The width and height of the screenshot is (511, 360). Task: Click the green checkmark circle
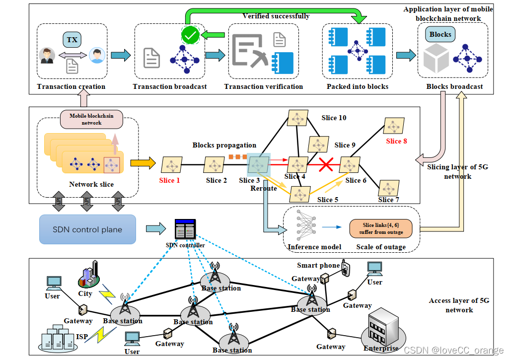tap(191, 35)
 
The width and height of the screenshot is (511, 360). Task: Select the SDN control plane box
tap(87, 229)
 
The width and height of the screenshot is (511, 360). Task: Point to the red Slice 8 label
tap(396, 141)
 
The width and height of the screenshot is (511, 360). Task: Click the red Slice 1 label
tap(169, 180)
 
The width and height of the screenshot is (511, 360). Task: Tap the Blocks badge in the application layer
tap(440, 34)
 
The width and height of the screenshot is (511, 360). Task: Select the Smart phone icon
tap(346, 268)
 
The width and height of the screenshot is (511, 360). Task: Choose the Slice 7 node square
tap(389, 188)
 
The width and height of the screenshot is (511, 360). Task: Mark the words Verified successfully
tap(276, 16)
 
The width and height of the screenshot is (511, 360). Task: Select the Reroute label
tap(263, 188)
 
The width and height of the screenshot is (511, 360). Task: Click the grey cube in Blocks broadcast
tap(436, 58)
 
